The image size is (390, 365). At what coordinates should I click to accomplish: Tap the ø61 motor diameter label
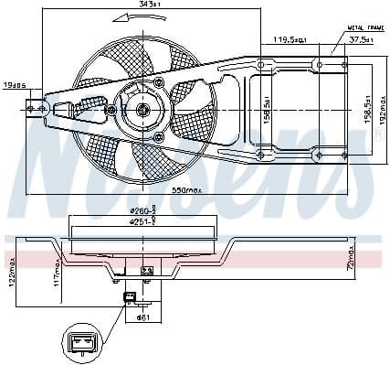tap(142, 317)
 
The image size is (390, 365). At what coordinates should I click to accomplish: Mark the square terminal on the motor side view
tap(147, 271)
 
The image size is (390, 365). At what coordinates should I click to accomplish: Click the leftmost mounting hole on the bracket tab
tap(31, 108)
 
